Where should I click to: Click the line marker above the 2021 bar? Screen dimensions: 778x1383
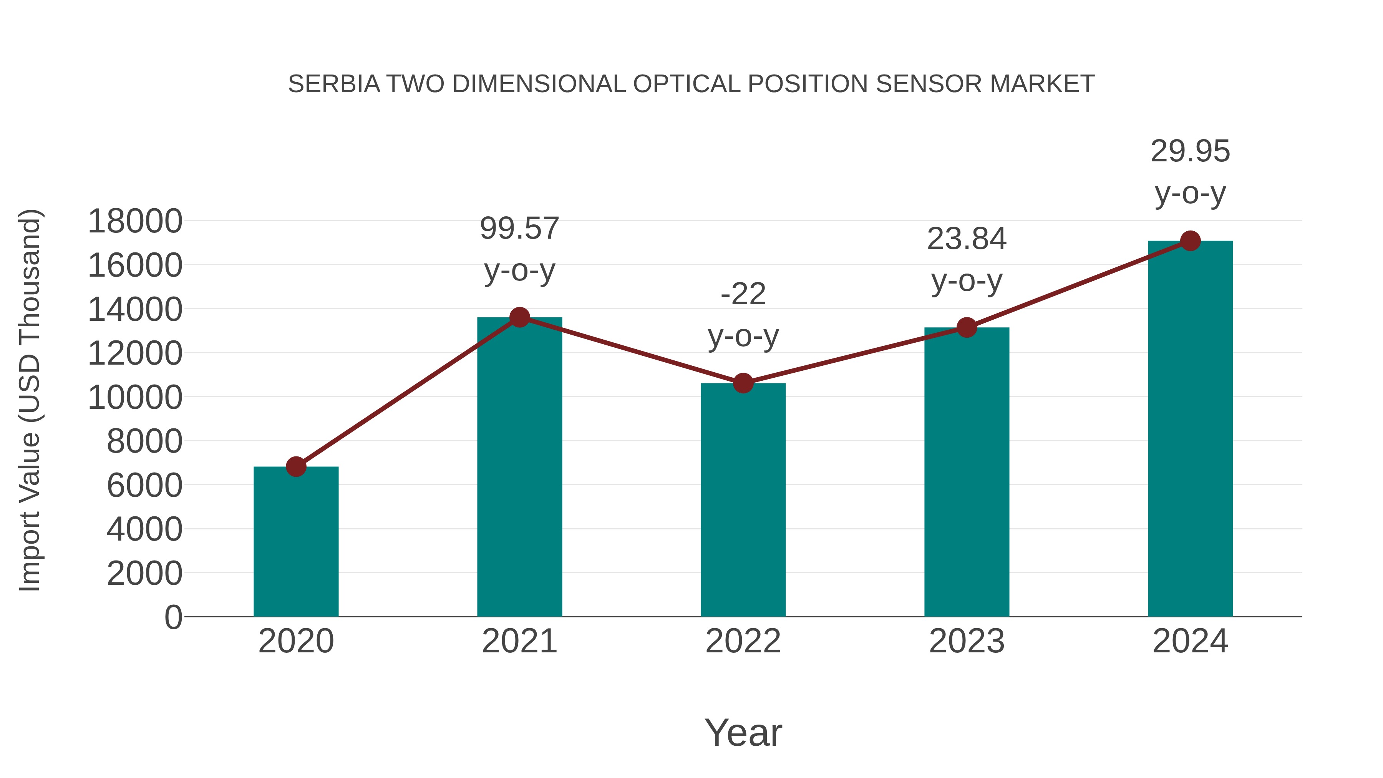[520, 317]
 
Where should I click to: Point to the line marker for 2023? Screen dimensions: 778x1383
[967, 327]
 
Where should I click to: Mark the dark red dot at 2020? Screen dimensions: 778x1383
[296, 466]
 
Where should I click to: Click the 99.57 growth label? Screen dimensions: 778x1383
[520, 228]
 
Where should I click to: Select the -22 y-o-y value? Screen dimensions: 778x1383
[743, 294]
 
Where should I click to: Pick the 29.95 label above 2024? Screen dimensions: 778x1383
[1190, 151]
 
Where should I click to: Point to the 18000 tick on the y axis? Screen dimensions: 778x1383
[135, 221]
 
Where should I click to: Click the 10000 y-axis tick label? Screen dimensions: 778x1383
[135, 398]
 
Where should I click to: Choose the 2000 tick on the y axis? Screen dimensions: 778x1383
[145, 574]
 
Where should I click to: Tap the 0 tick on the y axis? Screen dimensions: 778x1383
[173, 617]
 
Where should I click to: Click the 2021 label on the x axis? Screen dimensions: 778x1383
[520, 641]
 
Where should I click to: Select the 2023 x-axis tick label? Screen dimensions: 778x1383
[967, 641]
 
